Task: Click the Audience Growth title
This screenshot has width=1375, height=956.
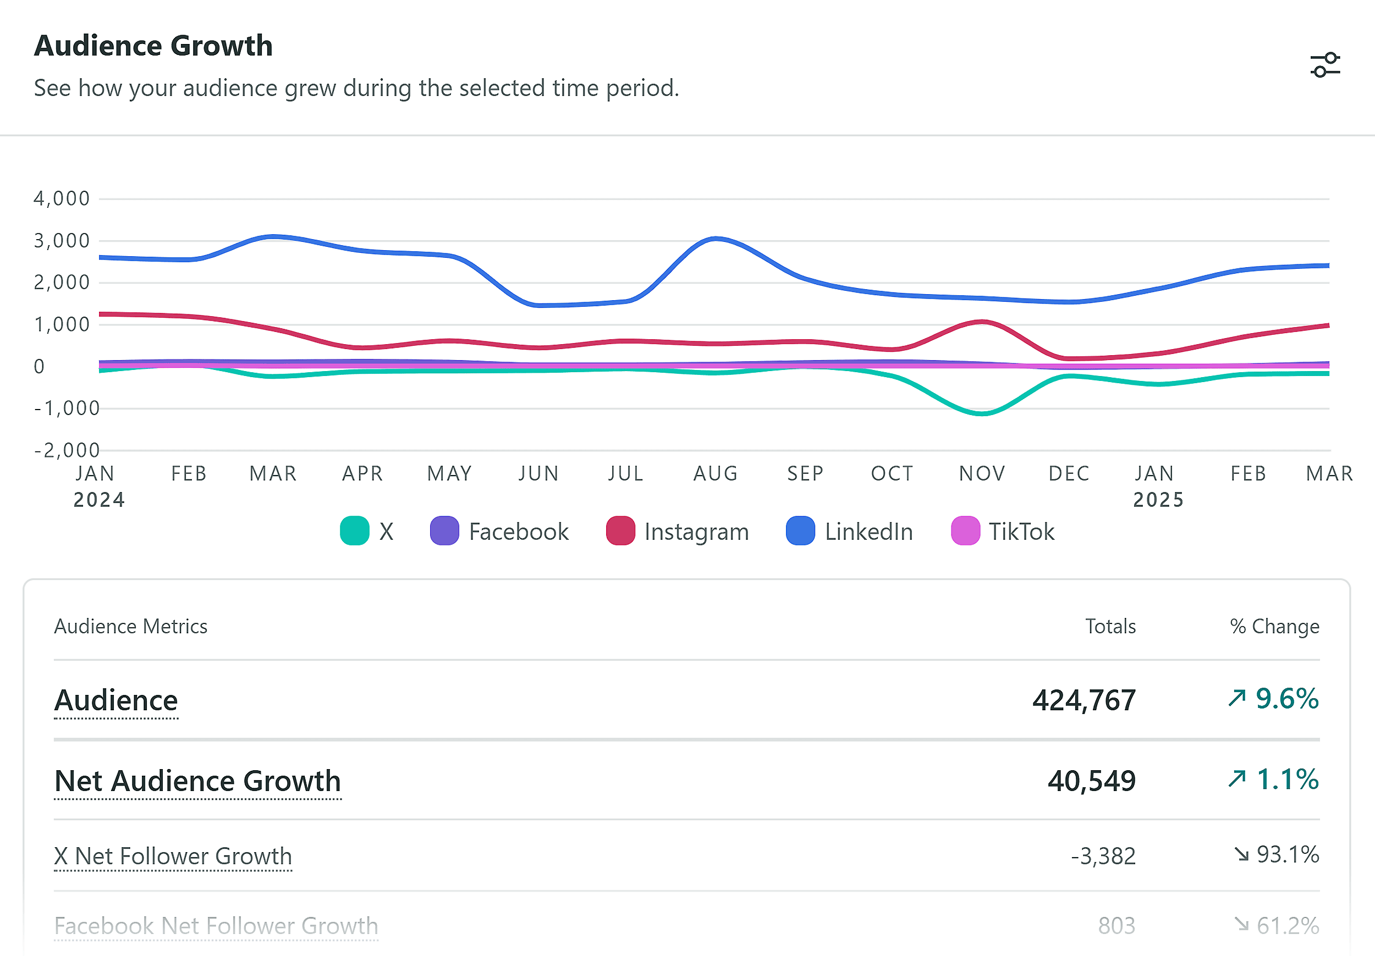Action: pos(153,46)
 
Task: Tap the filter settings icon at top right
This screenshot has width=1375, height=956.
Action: pos(1325,65)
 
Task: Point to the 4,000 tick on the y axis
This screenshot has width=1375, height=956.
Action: pos(62,198)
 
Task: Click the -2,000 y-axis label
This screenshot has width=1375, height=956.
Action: pos(67,450)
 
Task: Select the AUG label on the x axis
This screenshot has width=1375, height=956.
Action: pos(716,473)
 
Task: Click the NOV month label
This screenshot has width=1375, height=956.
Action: pos(982,473)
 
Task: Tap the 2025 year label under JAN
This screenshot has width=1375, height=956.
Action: pos(1158,499)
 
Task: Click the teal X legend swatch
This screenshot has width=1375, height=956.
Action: pos(355,531)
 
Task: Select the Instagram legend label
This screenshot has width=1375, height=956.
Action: pos(696,532)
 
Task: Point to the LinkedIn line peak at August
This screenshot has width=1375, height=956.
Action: pos(716,239)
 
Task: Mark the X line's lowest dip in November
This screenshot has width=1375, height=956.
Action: pos(982,413)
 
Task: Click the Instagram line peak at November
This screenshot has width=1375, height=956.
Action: pos(982,322)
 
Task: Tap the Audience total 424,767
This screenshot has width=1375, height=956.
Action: pos(1083,700)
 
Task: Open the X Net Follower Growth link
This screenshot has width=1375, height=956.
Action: pos(173,856)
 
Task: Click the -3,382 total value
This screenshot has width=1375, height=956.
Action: pos(1103,856)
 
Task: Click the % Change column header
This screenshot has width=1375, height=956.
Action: pos(1274,626)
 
